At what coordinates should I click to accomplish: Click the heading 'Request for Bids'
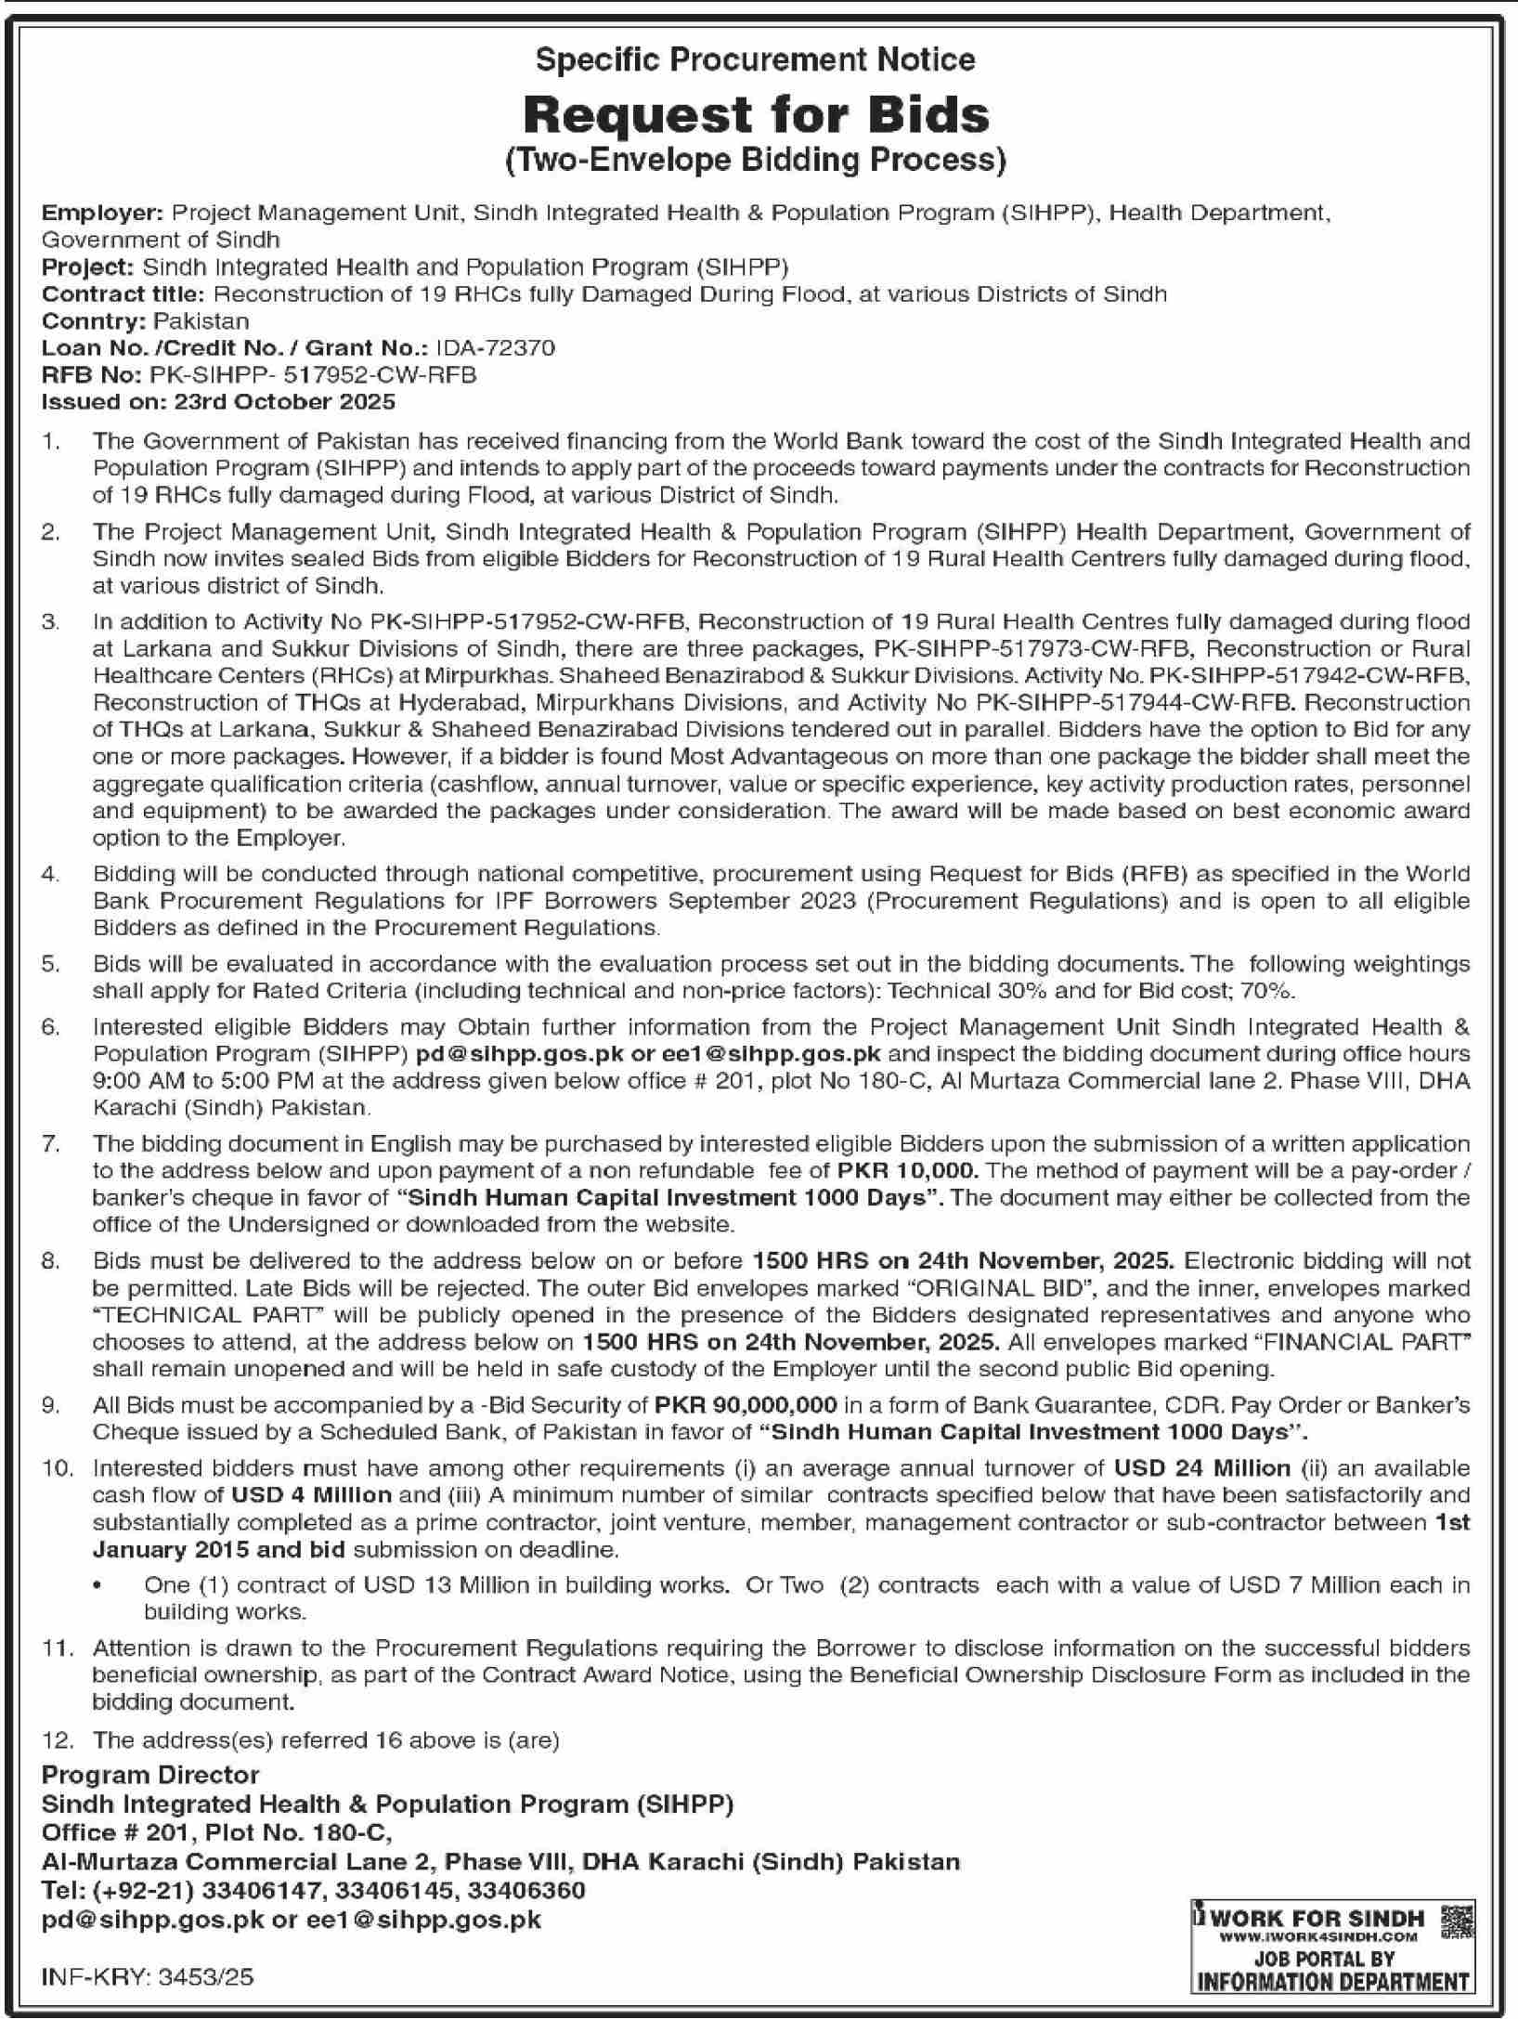tap(757, 115)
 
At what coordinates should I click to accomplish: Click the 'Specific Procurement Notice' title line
tap(757, 60)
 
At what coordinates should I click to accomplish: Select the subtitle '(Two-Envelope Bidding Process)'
tap(757, 161)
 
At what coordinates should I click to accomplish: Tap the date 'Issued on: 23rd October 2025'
tap(219, 402)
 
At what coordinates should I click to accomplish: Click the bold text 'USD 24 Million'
tap(1201, 1468)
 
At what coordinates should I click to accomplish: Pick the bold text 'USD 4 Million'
tap(312, 1495)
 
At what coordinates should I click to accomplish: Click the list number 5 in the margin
tap(51, 964)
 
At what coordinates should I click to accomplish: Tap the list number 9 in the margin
tap(51, 1405)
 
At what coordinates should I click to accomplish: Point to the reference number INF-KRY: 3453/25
tap(148, 1978)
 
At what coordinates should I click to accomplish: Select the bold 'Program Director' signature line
tap(150, 1775)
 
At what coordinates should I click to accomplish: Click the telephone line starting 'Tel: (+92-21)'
tap(314, 1890)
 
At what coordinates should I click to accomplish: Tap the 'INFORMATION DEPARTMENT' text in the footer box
tap(1332, 1981)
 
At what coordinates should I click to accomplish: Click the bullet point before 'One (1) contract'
tap(98, 1585)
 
